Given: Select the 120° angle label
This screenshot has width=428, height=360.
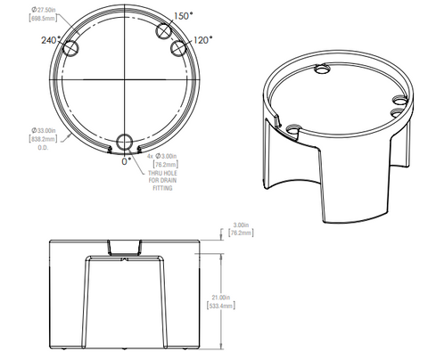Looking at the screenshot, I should coord(204,41).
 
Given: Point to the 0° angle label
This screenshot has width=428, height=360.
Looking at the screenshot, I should coord(126,162).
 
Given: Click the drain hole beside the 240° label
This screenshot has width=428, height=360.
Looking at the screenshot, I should coord(72,46).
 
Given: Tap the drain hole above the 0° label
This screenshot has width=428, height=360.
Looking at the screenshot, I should coord(126,143).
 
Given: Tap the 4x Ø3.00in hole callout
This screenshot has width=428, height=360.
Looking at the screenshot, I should coord(163,159).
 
